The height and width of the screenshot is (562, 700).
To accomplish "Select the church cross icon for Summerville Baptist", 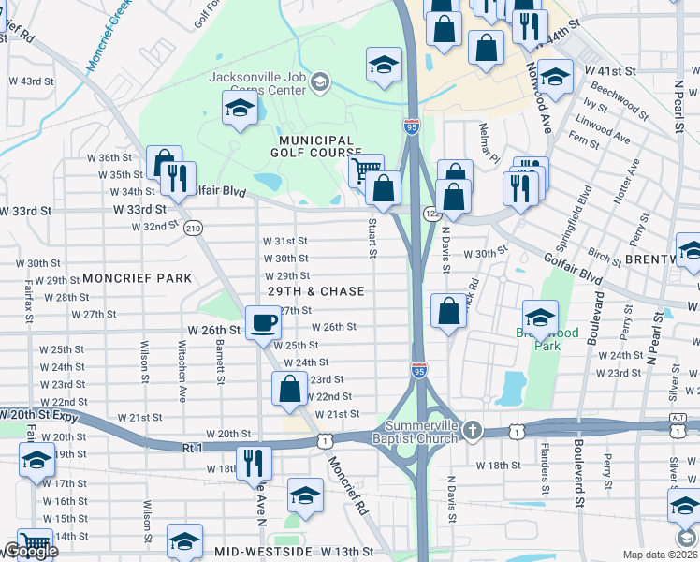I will tap(474, 430).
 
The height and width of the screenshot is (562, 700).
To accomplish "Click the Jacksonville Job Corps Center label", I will tap(257, 83).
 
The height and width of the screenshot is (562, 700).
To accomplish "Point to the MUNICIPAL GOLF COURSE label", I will tap(316, 145).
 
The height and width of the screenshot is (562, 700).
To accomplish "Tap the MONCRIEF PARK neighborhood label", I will tap(137, 278).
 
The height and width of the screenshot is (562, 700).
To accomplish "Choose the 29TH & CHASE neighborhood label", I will tap(315, 291).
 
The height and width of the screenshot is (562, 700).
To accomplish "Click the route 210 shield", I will tap(194, 228).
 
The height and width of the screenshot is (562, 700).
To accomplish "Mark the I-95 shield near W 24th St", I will tap(418, 372).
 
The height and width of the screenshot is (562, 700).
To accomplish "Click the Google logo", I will tap(31, 551).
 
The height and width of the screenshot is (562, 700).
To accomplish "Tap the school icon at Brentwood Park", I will tap(540, 318).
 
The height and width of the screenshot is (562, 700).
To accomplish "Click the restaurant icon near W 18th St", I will tap(254, 463).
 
